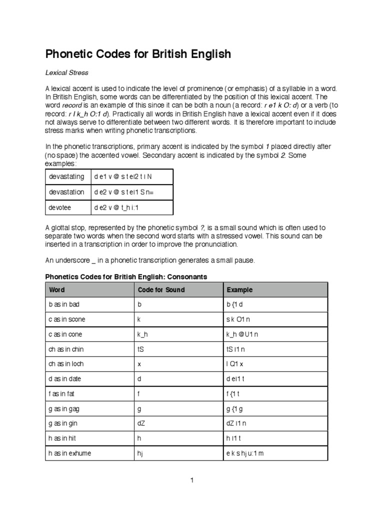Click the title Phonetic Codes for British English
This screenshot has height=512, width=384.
point(138,54)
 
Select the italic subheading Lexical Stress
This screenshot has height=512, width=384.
point(66,73)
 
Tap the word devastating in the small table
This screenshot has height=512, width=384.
point(66,177)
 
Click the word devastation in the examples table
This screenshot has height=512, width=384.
point(66,192)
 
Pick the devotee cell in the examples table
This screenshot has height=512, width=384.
point(60,207)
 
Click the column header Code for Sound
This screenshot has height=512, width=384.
point(161,290)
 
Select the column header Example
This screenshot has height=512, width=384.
point(239,290)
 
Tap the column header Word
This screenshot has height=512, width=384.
point(56,290)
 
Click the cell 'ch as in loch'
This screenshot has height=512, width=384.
point(67,364)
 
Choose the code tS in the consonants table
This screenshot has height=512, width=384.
point(140,349)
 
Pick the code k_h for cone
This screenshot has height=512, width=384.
point(142,334)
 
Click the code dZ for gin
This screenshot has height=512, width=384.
point(141,424)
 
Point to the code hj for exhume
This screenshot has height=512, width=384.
point(140,453)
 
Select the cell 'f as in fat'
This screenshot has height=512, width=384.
point(63,394)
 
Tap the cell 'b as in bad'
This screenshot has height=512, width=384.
point(64,305)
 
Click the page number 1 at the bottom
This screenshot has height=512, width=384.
point(191,480)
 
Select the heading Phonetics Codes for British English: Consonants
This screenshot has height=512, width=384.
point(126,276)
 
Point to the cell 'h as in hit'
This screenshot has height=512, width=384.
point(63,439)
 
